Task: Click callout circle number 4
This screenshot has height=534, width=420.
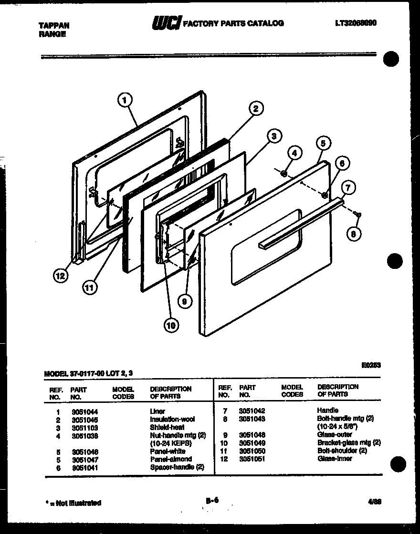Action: coord(294,154)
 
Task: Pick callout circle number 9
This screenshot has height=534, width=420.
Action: coord(184,300)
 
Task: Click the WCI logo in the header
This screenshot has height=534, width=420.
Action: coord(167,22)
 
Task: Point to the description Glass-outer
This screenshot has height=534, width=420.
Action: coord(335,435)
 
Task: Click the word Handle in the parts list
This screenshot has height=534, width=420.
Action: coord(327,410)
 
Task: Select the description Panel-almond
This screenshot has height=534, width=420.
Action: coord(171,459)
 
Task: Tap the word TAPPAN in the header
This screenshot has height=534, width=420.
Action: coord(53,26)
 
